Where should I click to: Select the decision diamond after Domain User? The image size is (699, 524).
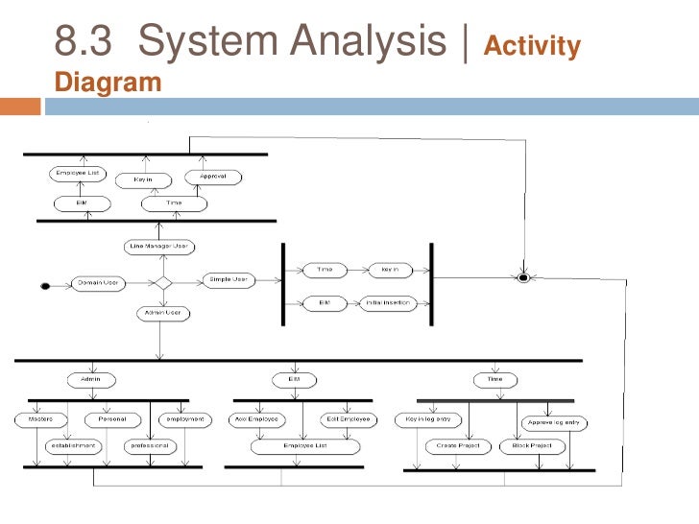click(x=162, y=282)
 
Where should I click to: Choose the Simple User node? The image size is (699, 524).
click(x=227, y=280)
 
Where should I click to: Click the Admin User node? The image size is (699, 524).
click(x=162, y=313)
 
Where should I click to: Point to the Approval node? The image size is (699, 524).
click(x=212, y=177)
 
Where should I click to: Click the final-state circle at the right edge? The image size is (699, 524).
click(x=523, y=278)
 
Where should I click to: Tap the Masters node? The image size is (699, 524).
click(x=40, y=419)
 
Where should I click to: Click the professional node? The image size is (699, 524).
click(x=149, y=445)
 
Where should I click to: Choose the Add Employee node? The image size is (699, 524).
click(x=256, y=419)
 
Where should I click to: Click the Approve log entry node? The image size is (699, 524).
click(x=554, y=421)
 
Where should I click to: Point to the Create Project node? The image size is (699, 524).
click(x=456, y=446)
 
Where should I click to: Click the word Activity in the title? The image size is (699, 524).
click(x=535, y=47)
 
